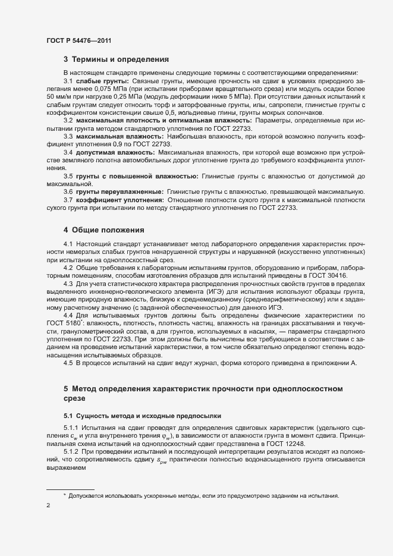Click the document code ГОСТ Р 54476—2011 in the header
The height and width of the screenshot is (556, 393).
[78, 40]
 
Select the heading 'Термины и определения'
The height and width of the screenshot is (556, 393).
[121, 59]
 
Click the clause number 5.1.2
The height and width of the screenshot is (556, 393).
[72, 451]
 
